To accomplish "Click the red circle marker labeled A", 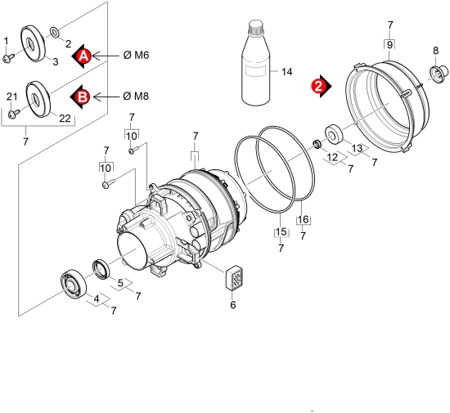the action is coord(83,56).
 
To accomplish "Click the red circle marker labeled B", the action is coord(83,97).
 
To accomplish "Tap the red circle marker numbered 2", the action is coord(318,87).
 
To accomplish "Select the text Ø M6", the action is coord(137,55).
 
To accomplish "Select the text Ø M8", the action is coord(136,96).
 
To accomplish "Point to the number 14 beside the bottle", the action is coord(286,72).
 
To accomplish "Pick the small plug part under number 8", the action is coord(439,71).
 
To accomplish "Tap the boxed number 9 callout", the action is coord(389,45).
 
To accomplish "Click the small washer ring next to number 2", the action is coord(55,32).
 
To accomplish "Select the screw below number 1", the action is coord(7,57).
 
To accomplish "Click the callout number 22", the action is coord(65,118).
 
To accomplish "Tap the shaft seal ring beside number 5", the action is coord(101,269).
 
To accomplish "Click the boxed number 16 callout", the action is coord(304,220).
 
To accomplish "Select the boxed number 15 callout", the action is coord(281,231).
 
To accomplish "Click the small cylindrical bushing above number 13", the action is coord(334,133).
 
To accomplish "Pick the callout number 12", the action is coord(333,158).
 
